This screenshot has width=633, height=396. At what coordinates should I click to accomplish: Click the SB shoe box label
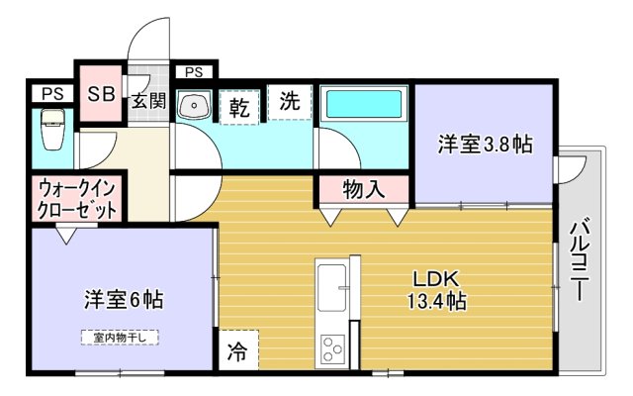(99, 95)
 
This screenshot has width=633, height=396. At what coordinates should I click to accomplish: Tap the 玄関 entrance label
(149, 99)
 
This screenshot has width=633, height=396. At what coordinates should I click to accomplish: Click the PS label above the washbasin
(194, 71)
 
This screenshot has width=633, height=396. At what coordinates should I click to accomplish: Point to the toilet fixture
(51, 130)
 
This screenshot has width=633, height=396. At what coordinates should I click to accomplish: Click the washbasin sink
(196, 103)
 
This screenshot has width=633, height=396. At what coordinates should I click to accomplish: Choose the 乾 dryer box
(240, 103)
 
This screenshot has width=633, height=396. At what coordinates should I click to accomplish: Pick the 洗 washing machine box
(290, 101)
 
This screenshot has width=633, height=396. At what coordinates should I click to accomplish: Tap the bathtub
(362, 104)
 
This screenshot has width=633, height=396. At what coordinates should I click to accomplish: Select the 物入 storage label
(363, 188)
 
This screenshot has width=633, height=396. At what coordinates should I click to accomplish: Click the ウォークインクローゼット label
(77, 199)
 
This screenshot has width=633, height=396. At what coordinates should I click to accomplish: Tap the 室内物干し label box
(120, 337)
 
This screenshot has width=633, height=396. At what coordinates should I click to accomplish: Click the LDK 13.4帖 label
(434, 288)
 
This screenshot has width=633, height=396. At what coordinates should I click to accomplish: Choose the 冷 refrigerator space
(237, 349)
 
